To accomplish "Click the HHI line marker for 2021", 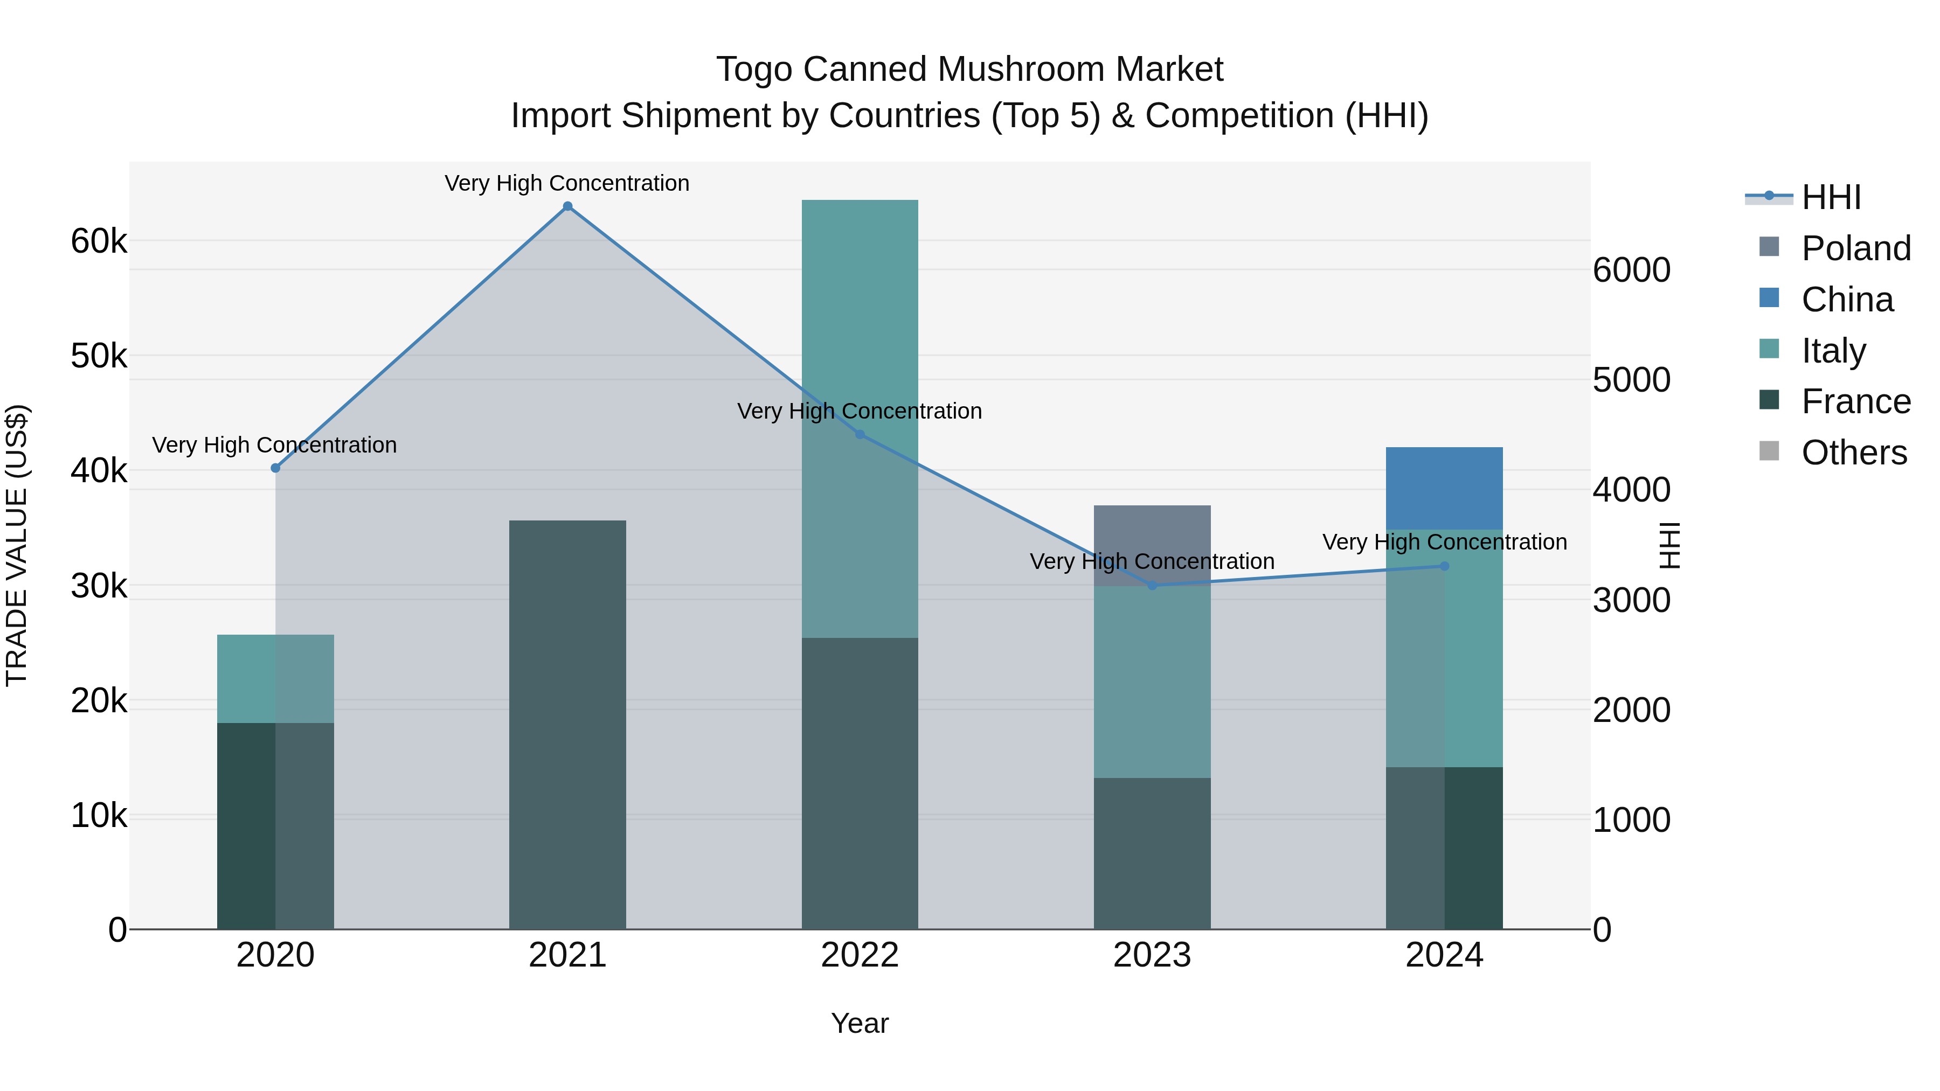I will (x=567, y=206).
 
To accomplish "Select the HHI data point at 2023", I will (x=1152, y=585).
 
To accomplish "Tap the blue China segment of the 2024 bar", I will (x=1444, y=488).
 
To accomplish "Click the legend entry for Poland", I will (x=1855, y=248).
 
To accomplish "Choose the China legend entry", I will (x=1846, y=300).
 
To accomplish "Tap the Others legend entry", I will (x=1853, y=453).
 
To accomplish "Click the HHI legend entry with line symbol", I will (x=1830, y=197).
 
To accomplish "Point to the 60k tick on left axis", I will (x=99, y=242).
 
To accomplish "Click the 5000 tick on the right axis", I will (x=1631, y=380).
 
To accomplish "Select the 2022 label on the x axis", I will (x=860, y=955).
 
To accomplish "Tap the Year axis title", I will (x=860, y=1023).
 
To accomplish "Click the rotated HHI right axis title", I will (x=1669, y=545).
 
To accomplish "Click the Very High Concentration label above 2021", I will (x=566, y=183).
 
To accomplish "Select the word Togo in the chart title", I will (x=754, y=70).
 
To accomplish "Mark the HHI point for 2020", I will (x=275, y=468).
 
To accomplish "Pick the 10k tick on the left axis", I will (x=99, y=816).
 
